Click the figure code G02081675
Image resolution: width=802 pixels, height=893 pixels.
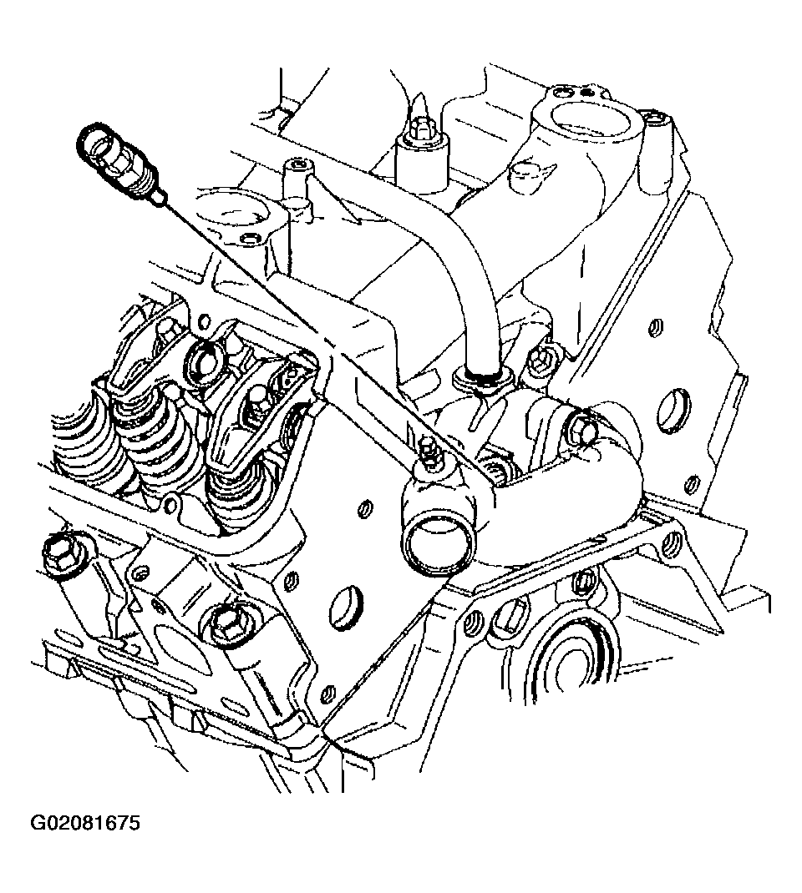point(85,823)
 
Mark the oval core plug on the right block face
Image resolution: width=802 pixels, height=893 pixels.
point(673,408)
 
